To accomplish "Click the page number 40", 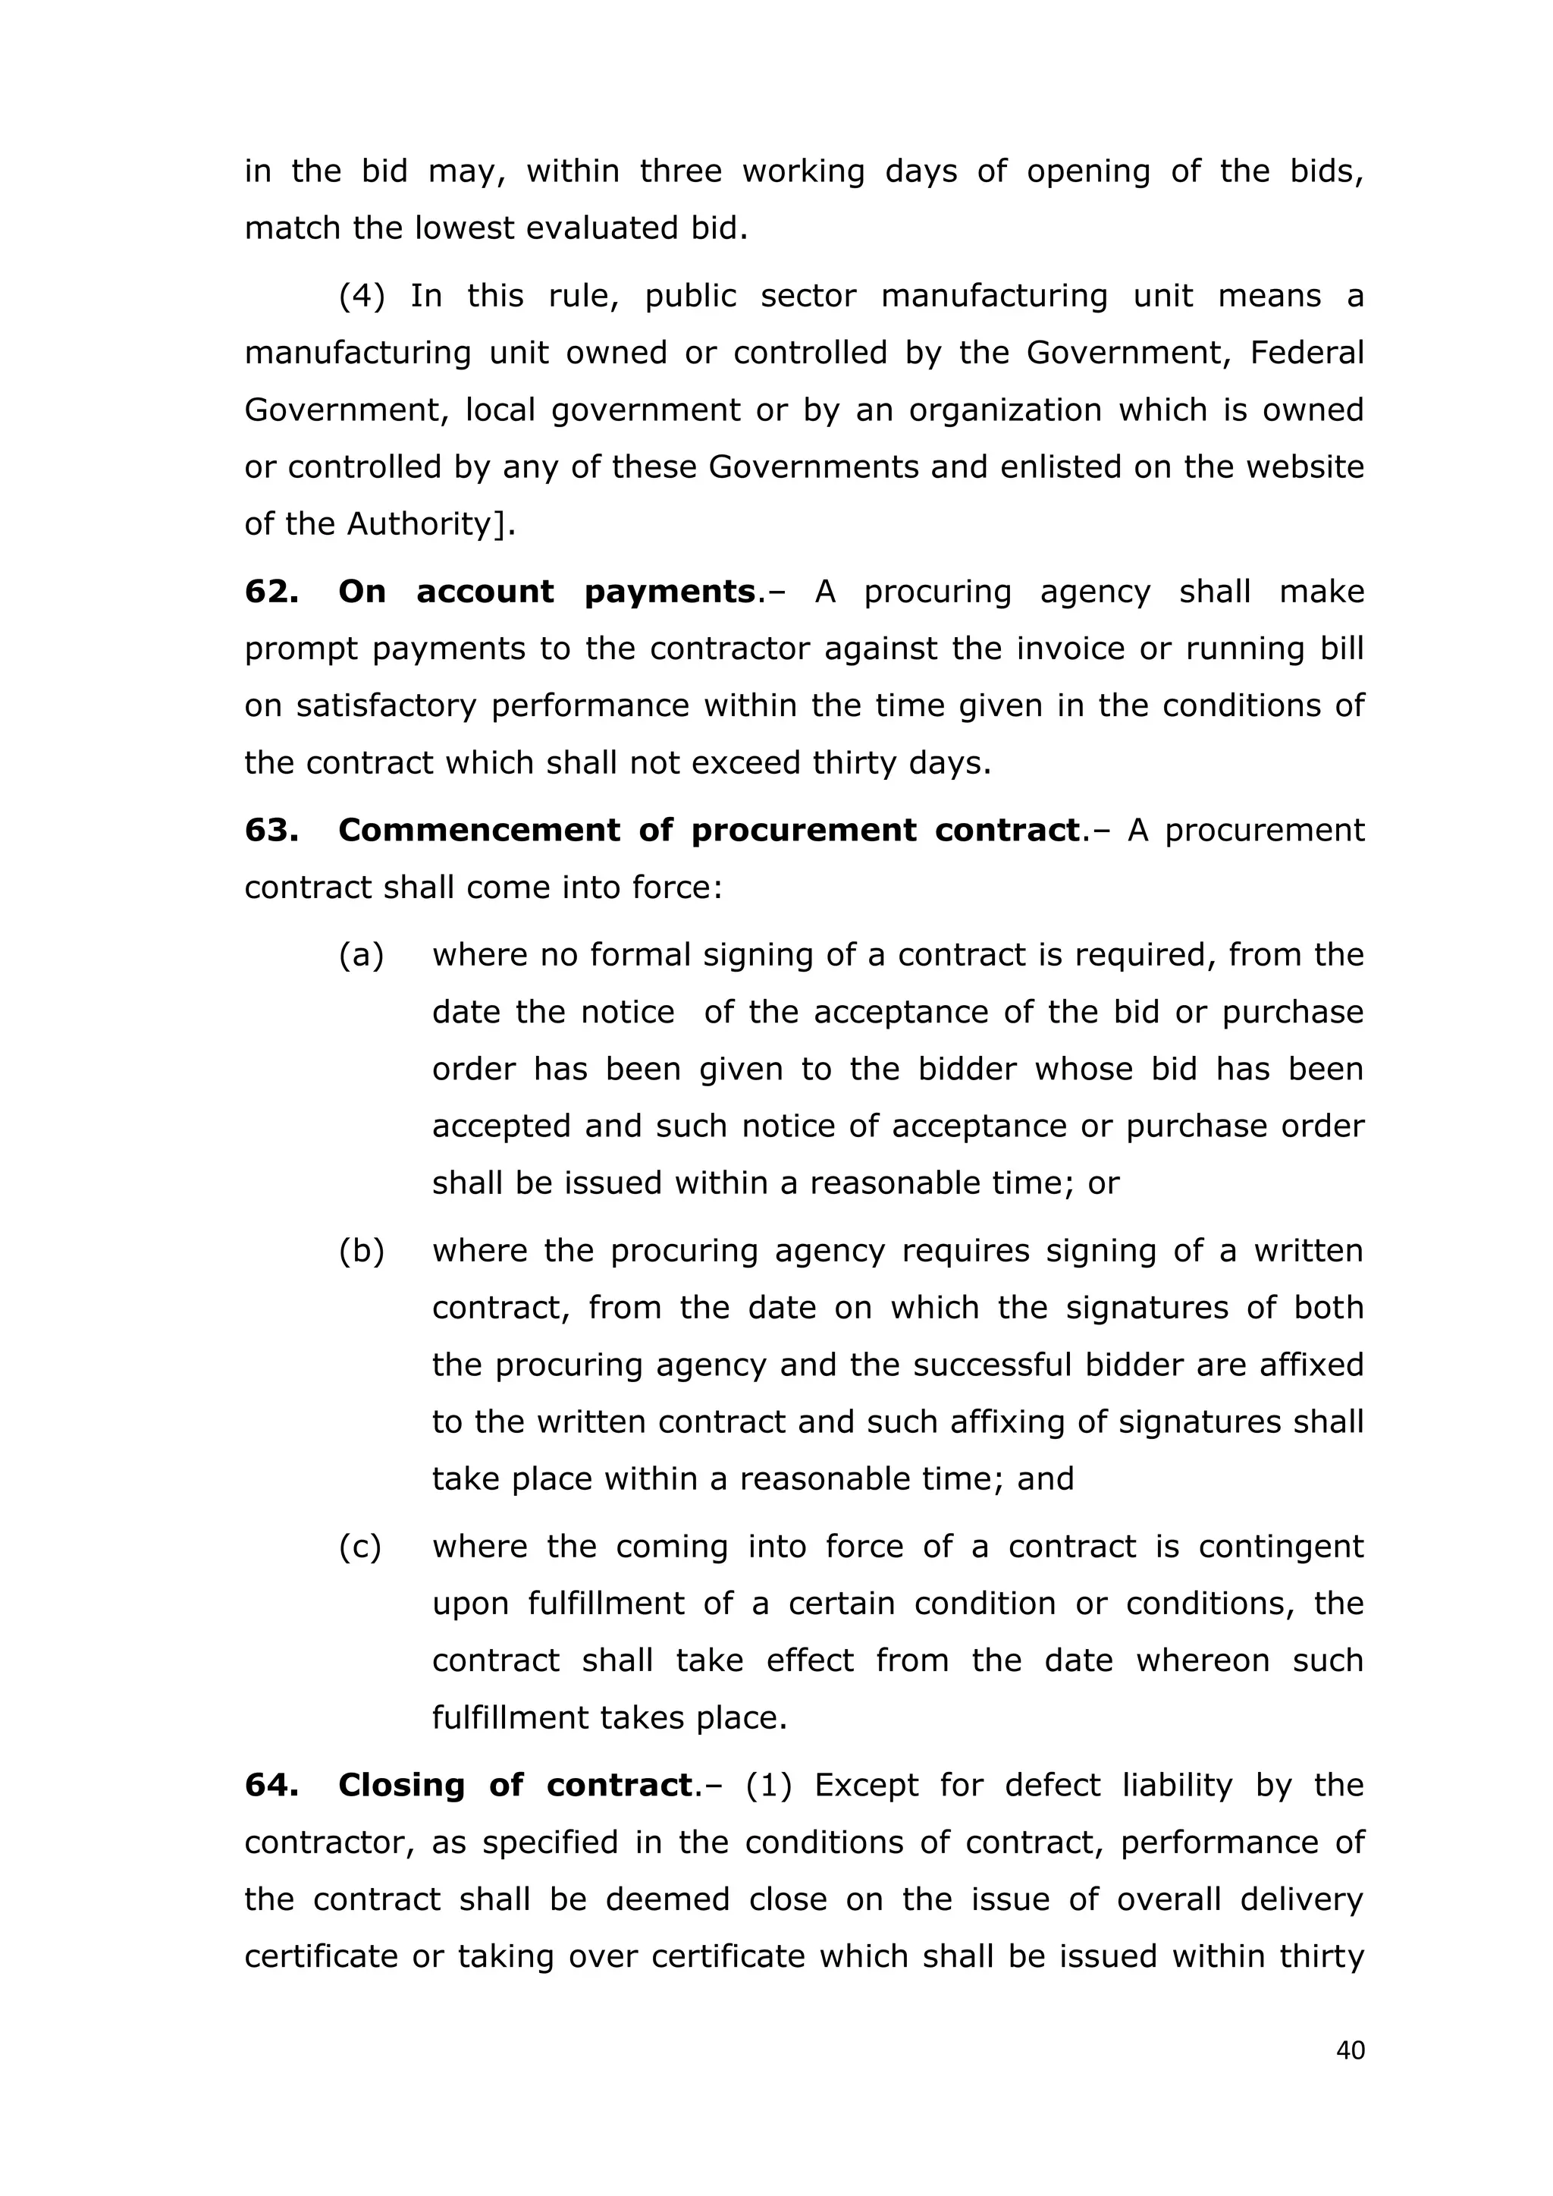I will tap(1351, 2050).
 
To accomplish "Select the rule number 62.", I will tap(271, 591).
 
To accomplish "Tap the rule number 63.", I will tap(271, 829).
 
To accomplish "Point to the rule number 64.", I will tap(271, 1785).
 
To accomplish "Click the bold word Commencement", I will tap(479, 829).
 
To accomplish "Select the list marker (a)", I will tap(362, 954).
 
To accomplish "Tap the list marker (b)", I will tap(362, 1250).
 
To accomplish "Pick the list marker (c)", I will tap(360, 1547).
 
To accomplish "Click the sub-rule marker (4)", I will tap(362, 296).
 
